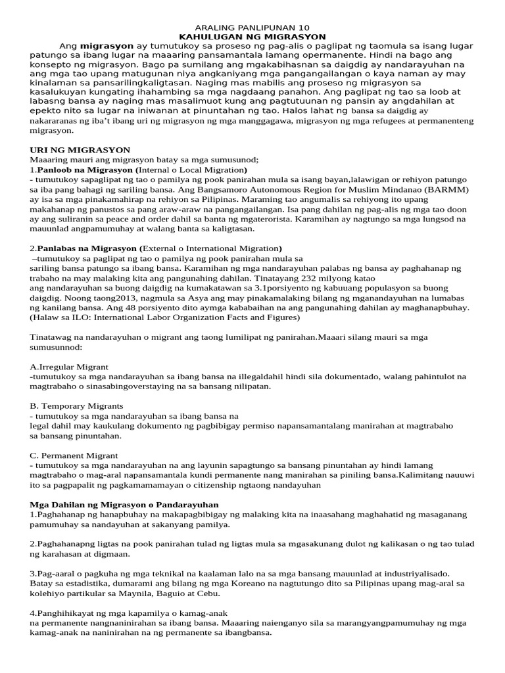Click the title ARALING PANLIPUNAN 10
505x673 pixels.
[x=252, y=28]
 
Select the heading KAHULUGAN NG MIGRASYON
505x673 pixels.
[x=252, y=37]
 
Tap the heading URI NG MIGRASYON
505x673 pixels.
[x=80, y=150]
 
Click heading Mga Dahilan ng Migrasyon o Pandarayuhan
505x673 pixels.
[x=124, y=504]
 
